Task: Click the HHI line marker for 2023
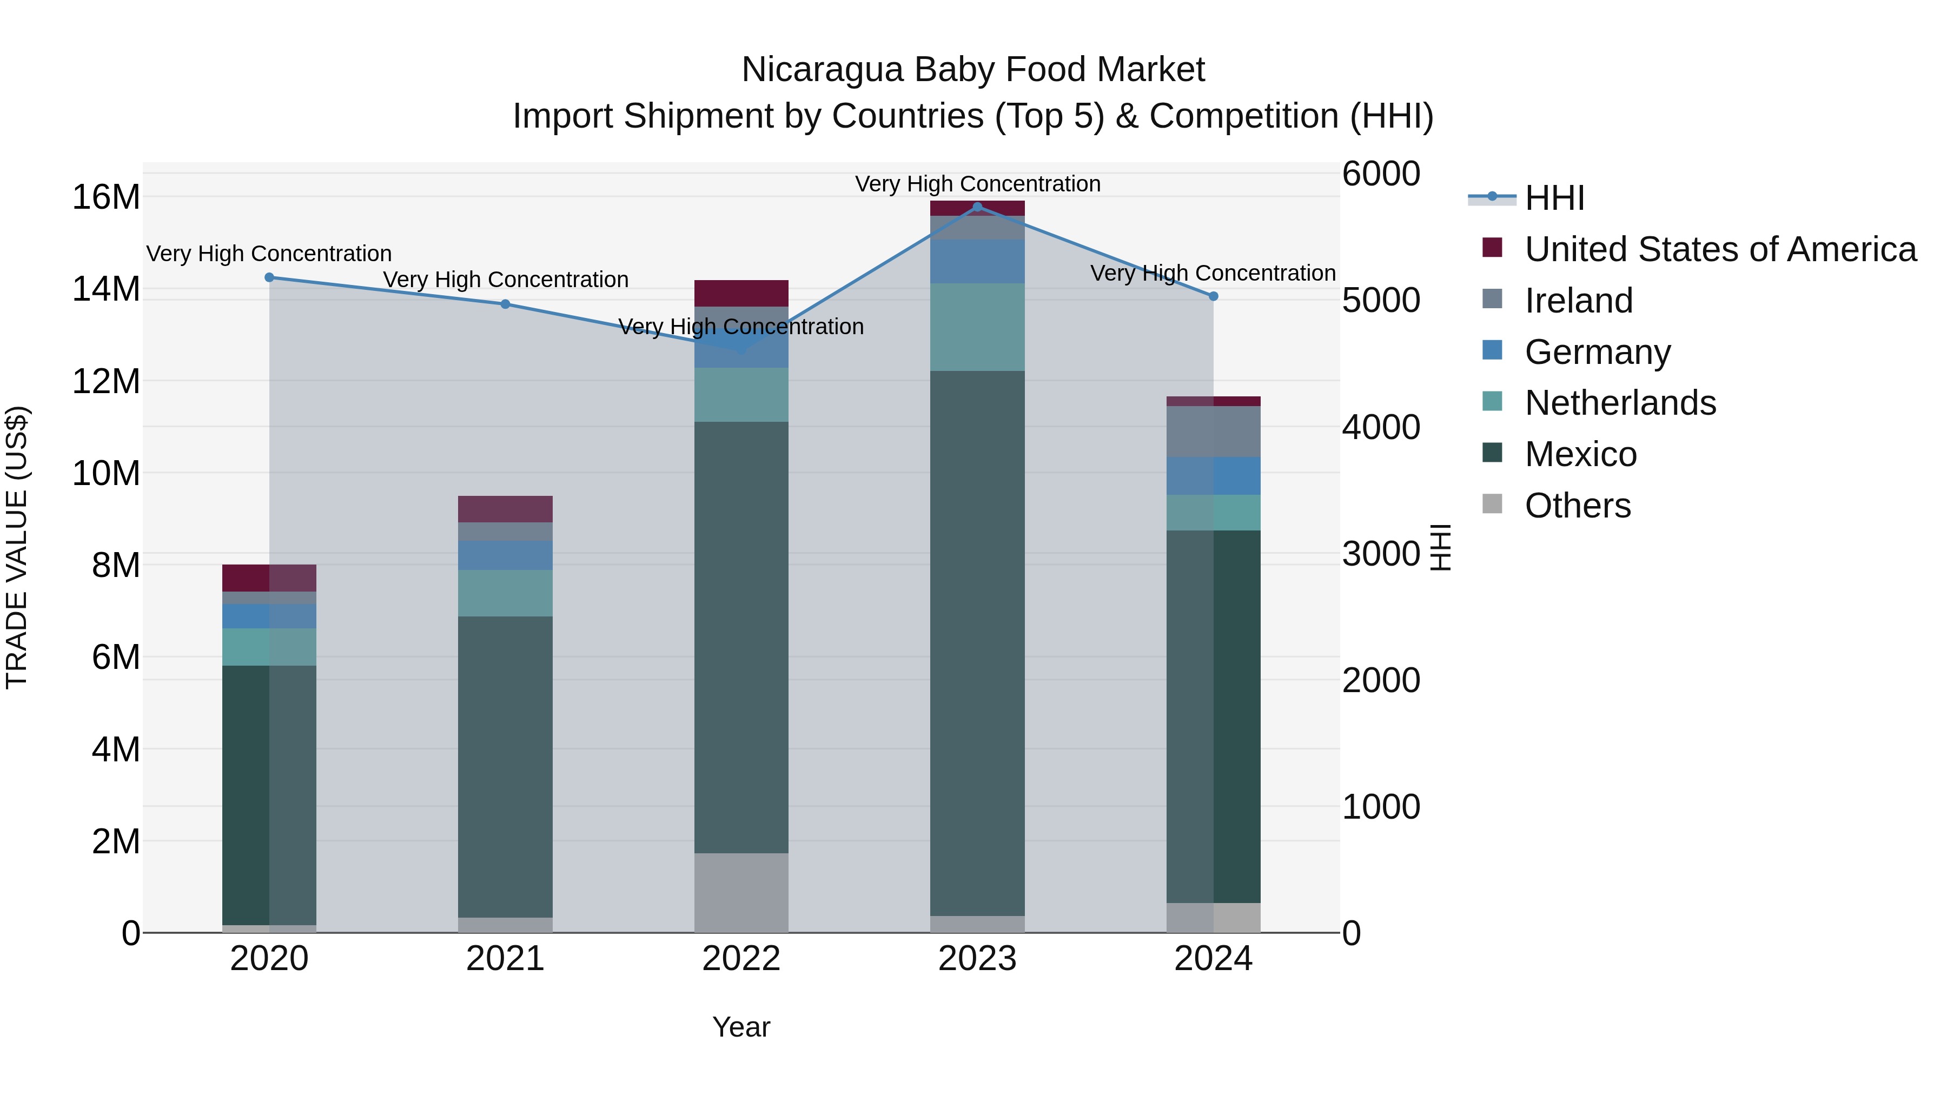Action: point(977,207)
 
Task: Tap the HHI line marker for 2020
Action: point(269,277)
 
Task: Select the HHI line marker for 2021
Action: point(506,304)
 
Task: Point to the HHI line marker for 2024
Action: point(1213,296)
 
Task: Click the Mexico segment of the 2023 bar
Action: point(977,642)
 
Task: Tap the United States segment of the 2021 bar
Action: point(506,509)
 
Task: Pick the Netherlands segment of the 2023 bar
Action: point(977,327)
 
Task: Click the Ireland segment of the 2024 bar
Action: point(1213,432)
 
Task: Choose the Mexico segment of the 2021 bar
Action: point(506,766)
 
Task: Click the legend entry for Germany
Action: point(1597,352)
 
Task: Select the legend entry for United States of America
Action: point(1719,249)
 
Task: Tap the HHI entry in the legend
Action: point(1553,198)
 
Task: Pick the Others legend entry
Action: point(1578,506)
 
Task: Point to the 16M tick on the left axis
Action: point(106,197)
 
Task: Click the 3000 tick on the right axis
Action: point(1381,554)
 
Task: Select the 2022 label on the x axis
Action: point(741,959)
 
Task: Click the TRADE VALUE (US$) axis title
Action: point(17,547)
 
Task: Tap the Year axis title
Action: point(741,1027)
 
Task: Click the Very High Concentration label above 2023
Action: point(977,184)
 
